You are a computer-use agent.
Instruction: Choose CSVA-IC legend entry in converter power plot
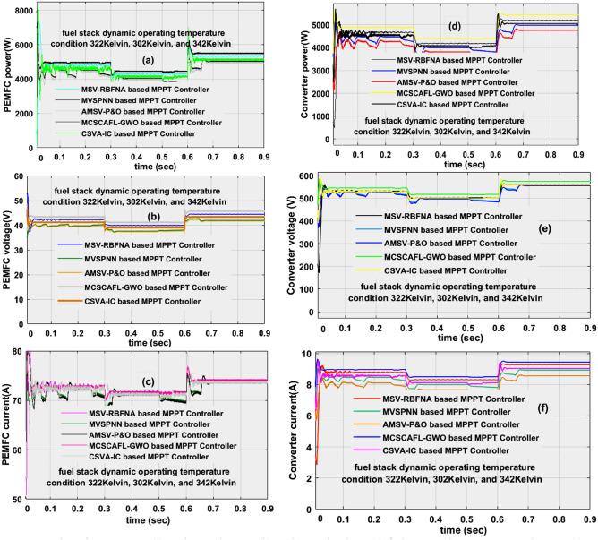(469, 105)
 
